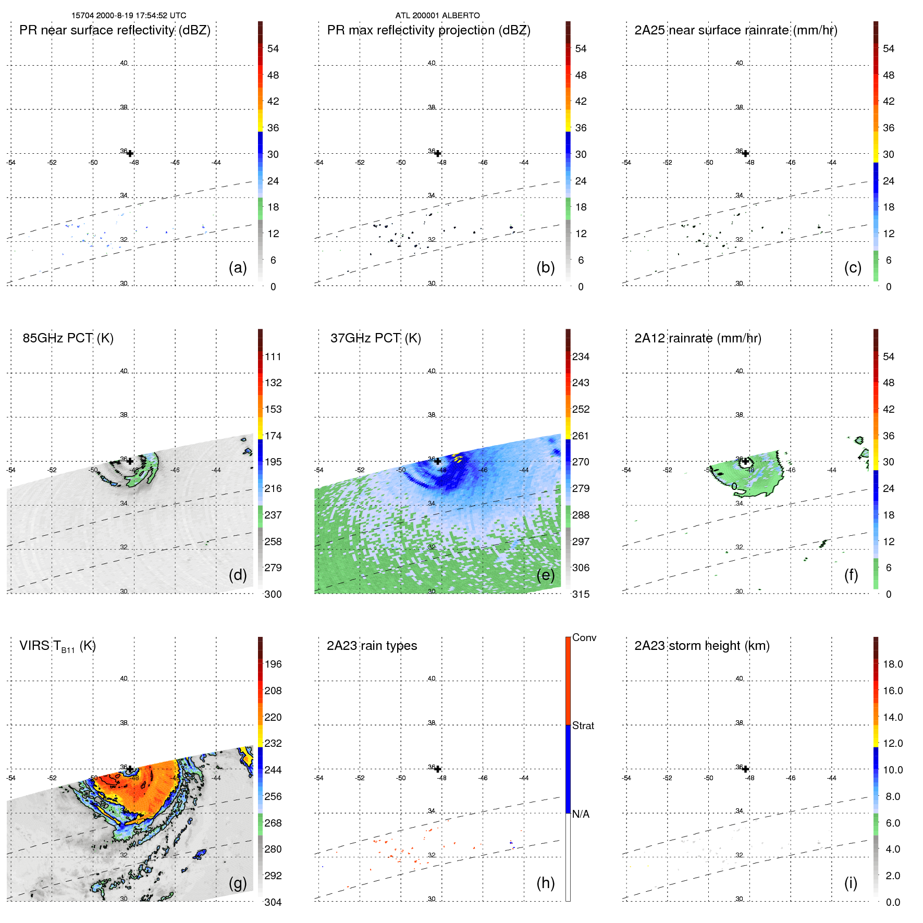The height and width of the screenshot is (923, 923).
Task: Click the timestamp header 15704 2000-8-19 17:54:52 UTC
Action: pyautogui.click(x=129, y=16)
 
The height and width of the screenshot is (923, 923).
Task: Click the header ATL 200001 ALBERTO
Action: pyautogui.click(x=437, y=16)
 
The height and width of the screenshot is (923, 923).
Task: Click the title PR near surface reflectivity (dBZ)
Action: pyautogui.click(x=115, y=30)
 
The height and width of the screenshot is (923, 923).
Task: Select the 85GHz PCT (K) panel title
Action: pyautogui.click(x=68, y=338)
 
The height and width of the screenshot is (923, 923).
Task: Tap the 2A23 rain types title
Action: pyautogui.click(x=372, y=646)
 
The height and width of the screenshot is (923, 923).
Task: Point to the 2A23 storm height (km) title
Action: pyautogui.click(x=702, y=646)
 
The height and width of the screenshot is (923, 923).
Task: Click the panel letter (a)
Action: pyautogui.click(x=238, y=268)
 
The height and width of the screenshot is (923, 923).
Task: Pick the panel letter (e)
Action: pyautogui.click(x=545, y=575)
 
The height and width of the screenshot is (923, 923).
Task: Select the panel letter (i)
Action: pyautogui.click(x=851, y=883)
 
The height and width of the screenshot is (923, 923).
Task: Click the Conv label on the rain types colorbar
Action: pyautogui.click(x=584, y=637)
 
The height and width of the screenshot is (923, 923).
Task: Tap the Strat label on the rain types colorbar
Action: pyautogui.click(x=583, y=725)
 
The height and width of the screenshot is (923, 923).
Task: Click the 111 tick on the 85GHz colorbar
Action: pyautogui.click(x=273, y=357)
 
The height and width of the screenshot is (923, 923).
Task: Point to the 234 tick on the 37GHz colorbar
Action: pyautogui.click(x=581, y=357)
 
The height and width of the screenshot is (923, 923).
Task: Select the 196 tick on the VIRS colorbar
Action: pyautogui.click(x=273, y=664)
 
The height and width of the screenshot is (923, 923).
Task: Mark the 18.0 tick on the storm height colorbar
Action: pyautogui.click(x=892, y=664)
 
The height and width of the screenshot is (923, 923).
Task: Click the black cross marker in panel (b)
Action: pyautogui.click(x=438, y=154)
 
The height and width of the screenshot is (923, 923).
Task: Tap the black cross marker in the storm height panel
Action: pyautogui.click(x=746, y=769)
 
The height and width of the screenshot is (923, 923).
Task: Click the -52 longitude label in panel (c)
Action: pyautogui.click(x=668, y=163)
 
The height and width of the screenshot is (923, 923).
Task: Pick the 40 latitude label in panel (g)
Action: pyautogui.click(x=124, y=679)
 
